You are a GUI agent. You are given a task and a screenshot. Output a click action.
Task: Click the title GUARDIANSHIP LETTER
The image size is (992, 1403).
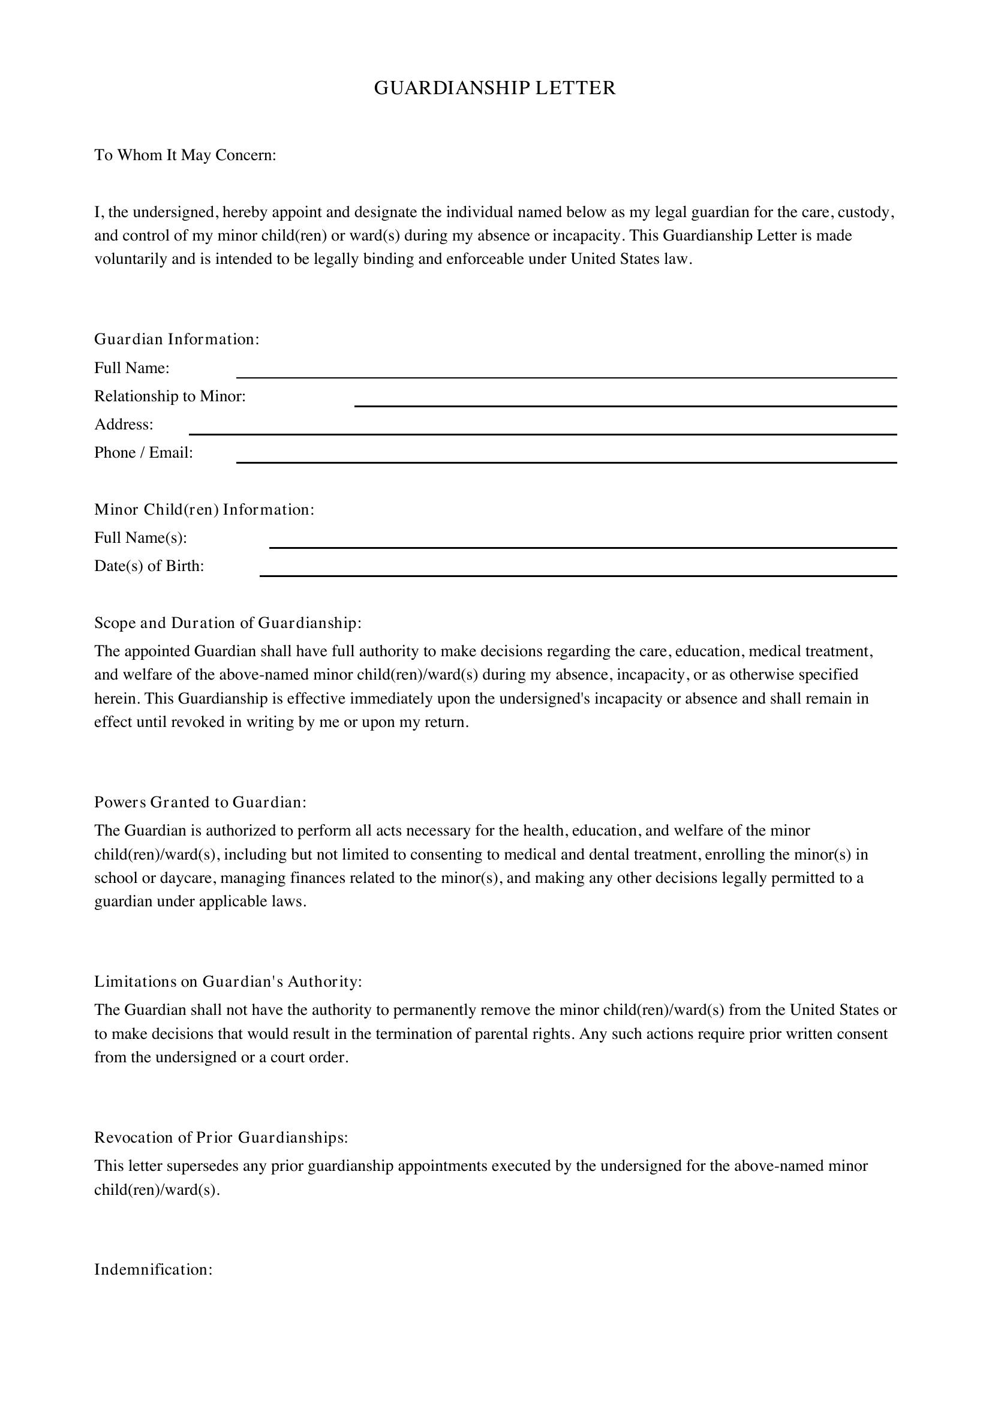[x=495, y=89]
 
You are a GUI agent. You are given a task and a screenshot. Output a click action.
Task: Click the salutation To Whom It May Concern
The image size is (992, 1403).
[x=185, y=155]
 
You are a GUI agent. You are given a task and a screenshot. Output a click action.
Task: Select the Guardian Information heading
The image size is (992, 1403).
[x=177, y=339]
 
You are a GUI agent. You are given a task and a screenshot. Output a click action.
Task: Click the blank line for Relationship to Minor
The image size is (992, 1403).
[x=626, y=404]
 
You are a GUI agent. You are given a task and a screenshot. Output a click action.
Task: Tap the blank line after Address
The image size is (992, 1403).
[x=542, y=432]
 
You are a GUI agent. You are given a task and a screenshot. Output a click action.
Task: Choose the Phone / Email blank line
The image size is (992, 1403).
[x=566, y=461]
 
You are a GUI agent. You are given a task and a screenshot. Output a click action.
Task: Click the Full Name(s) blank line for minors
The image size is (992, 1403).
[x=583, y=546]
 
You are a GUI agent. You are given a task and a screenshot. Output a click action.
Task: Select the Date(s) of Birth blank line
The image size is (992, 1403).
[x=578, y=574]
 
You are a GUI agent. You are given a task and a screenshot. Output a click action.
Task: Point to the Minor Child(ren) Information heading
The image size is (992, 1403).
[x=204, y=509]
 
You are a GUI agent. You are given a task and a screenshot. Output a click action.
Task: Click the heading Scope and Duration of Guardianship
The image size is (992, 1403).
[x=228, y=623]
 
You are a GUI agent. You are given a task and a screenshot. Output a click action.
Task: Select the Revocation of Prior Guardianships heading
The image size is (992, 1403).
[x=221, y=1137]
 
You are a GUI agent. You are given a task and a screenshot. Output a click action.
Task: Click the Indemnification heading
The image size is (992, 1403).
[x=154, y=1269]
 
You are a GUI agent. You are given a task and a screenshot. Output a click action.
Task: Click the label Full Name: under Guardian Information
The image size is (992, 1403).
[x=132, y=368]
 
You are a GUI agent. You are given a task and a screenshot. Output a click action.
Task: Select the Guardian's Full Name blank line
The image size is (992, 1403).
[x=566, y=376]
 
